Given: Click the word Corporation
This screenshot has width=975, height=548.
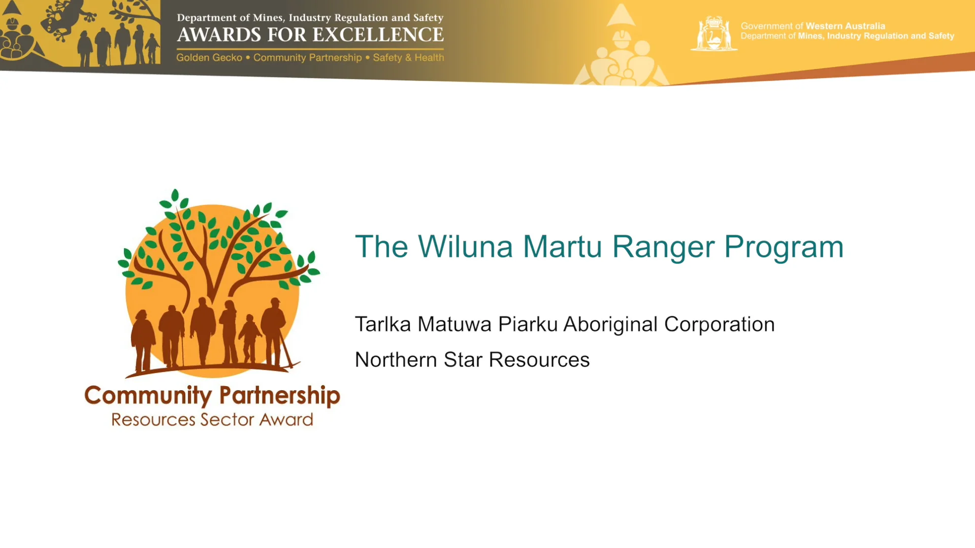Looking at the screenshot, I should (x=719, y=325).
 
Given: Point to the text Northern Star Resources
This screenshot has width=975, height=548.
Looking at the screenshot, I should (x=472, y=360).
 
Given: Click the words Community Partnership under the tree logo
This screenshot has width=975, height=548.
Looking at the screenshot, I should (x=212, y=396).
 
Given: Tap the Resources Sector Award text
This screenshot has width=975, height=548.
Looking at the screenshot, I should (x=212, y=420).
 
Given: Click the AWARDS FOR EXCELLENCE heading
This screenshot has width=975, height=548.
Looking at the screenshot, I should (x=310, y=35).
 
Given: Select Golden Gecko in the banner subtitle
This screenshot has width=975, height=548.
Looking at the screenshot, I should (x=209, y=58).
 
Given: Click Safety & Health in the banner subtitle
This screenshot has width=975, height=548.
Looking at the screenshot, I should (x=408, y=58).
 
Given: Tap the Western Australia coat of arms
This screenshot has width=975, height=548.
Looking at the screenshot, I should (x=713, y=33).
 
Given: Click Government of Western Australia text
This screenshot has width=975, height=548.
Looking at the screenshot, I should (x=812, y=26).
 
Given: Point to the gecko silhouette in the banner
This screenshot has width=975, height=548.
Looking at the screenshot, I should (x=63, y=20).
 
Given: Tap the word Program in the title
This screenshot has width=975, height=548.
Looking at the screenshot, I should (x=784, y=247).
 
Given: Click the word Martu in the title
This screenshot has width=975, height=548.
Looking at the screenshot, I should (x=562, y=247).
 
